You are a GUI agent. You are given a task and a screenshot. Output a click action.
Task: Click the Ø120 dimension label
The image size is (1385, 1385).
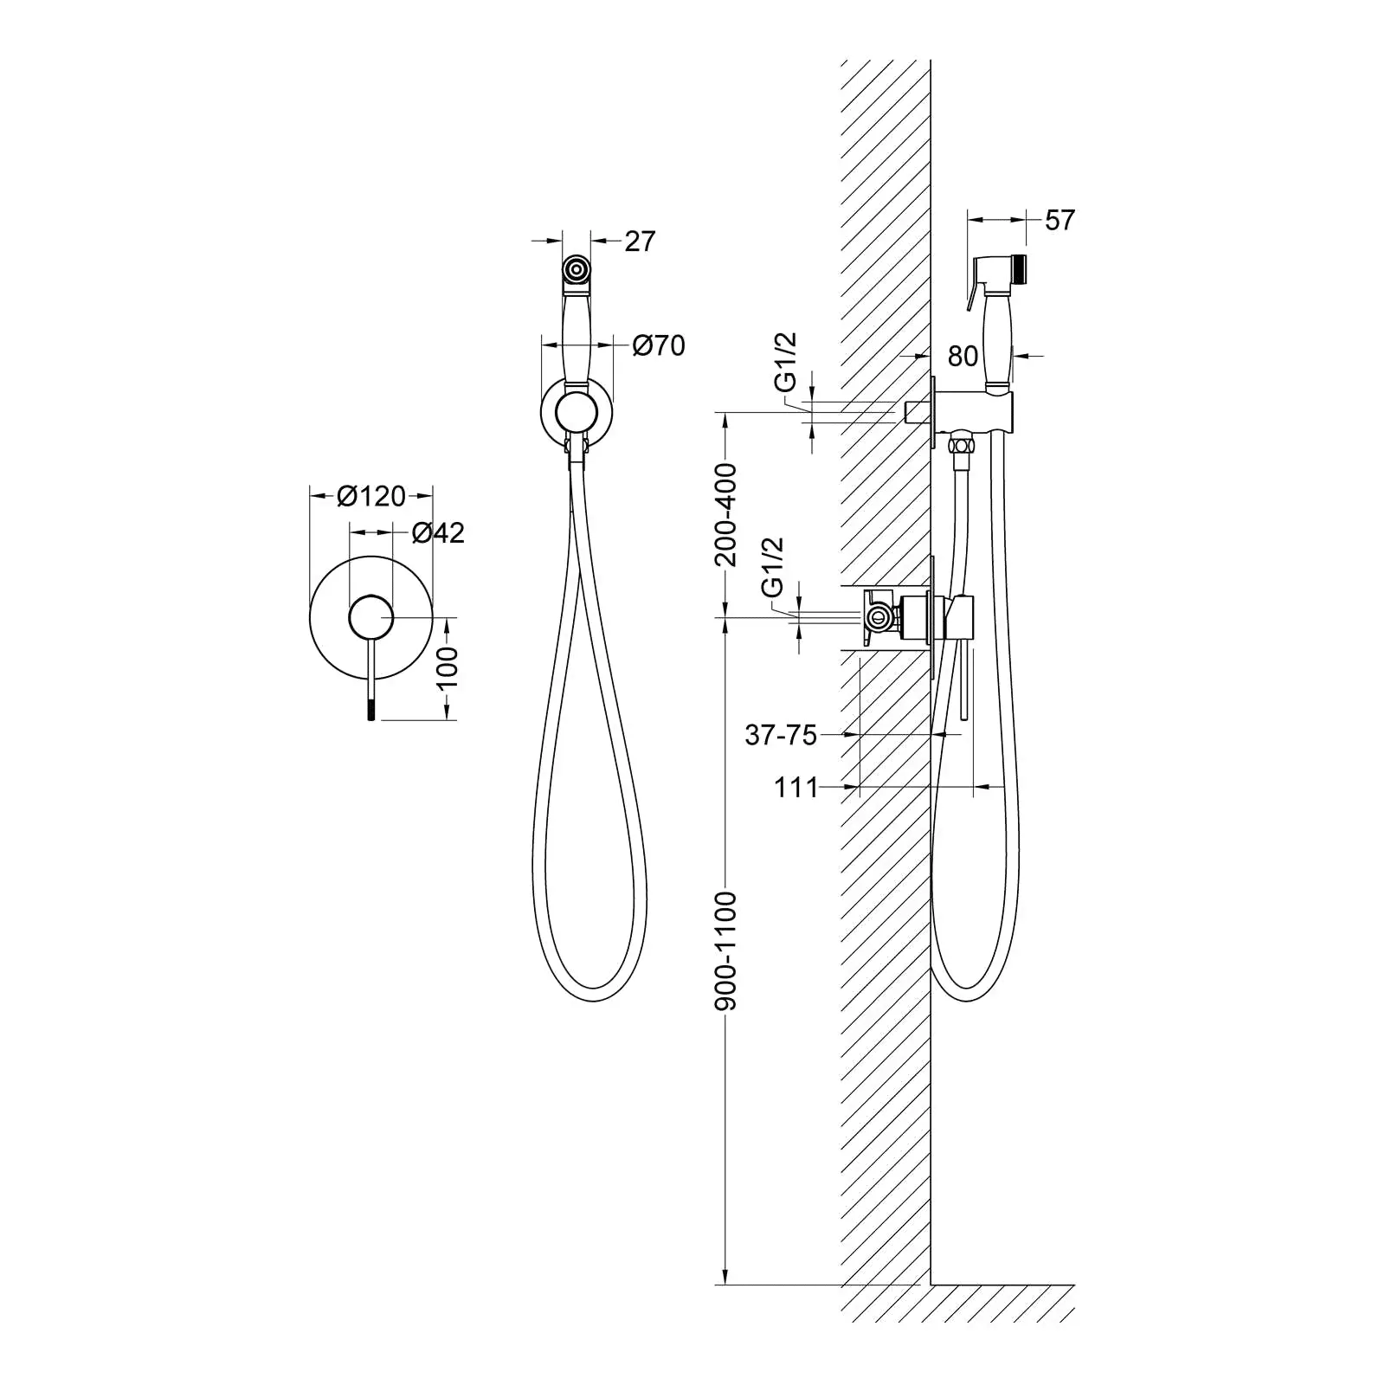tap(371, 496)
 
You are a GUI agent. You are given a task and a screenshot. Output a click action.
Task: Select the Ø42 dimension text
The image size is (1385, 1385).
tap(438, 532)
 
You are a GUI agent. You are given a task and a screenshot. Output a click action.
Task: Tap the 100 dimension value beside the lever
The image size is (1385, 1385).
tap(448, 667)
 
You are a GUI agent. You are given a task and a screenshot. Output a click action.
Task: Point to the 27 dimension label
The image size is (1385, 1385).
tap(640, 241)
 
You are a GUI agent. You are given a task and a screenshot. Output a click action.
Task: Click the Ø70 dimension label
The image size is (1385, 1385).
tap(659, 345)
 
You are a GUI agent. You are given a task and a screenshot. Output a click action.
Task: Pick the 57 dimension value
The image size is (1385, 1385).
tap(1060, 220)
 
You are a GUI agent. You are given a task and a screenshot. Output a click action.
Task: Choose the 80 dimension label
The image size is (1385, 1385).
tap(963, 356)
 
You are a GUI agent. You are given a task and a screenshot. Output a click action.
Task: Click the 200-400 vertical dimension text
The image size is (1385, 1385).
tap(725, 514)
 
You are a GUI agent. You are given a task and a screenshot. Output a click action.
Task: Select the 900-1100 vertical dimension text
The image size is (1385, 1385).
tap(725, 950)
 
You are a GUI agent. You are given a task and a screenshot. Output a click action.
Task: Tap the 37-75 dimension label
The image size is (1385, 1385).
tap(781, 735)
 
